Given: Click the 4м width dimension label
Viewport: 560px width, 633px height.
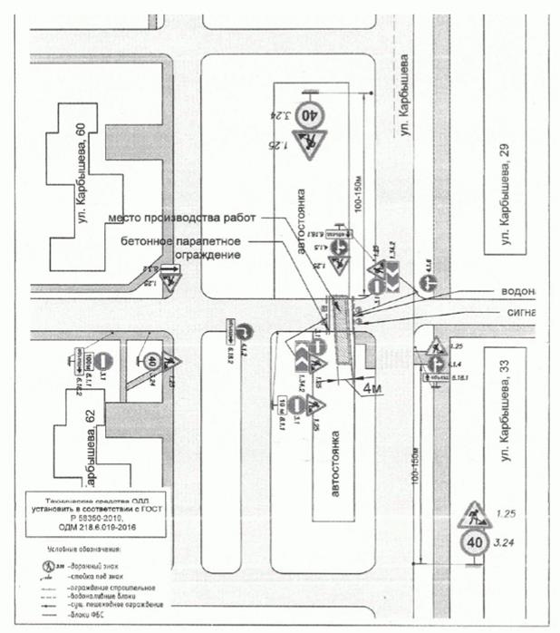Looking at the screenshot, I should tap(375, 389).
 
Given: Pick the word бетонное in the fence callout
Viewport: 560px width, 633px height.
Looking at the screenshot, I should tap(148, 240).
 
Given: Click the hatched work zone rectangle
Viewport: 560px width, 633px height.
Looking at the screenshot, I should tap(342, 330).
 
